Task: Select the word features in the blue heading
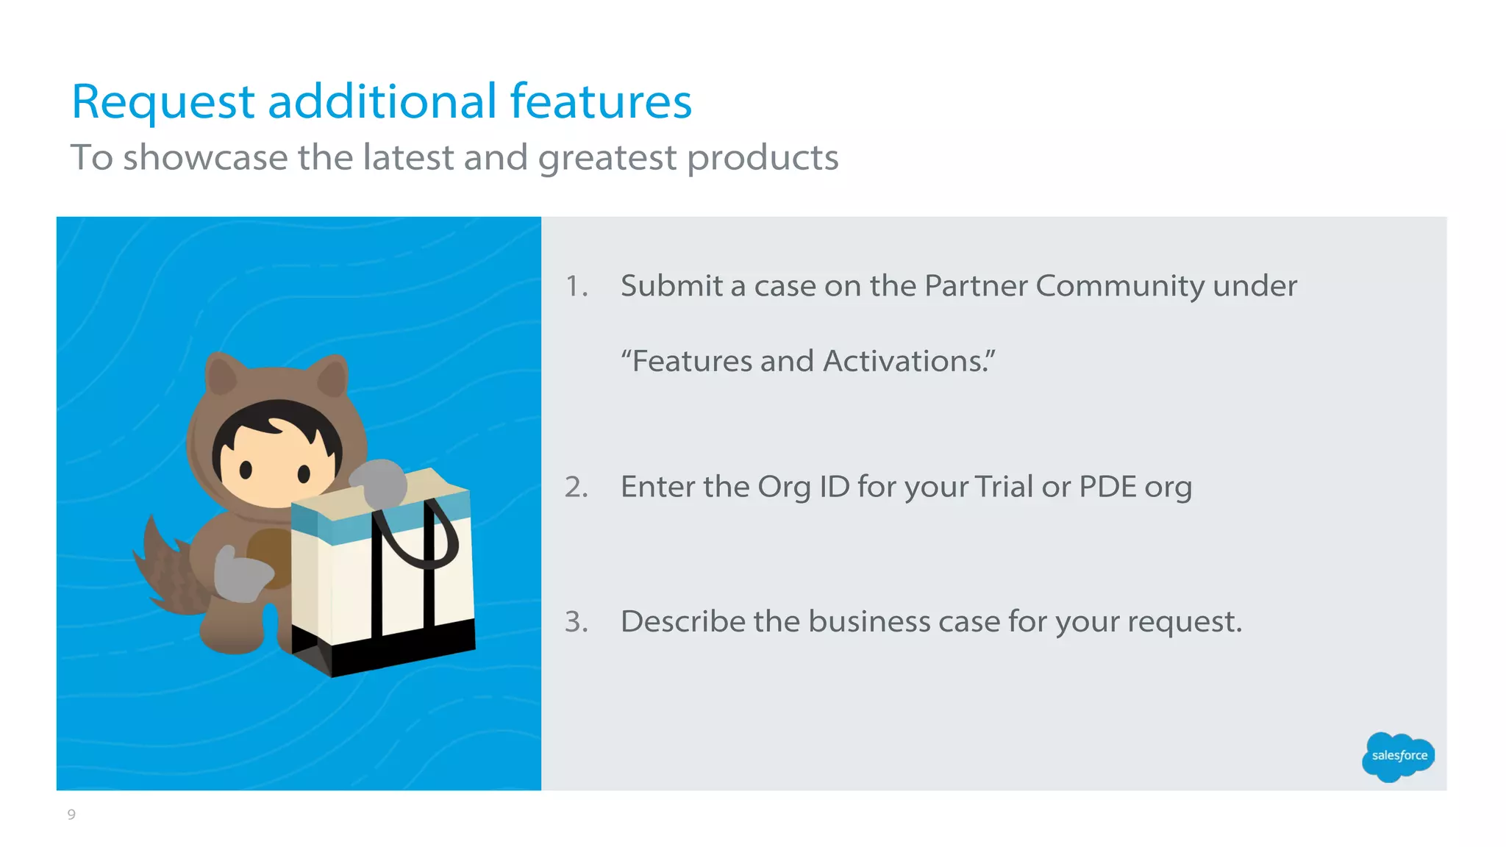click(x=600, y=101)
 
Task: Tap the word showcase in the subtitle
click(x=205, y=157)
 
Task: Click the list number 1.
click(x=576, y=286)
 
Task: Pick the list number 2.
click(x=576, y=487)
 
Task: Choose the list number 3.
click(x=576, y=622)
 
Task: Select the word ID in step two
click(x=834, y=487)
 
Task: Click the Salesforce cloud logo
click(x=1399, y=756)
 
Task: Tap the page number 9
click(x=71, y=814)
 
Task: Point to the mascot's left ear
click(x=221, y=375)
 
